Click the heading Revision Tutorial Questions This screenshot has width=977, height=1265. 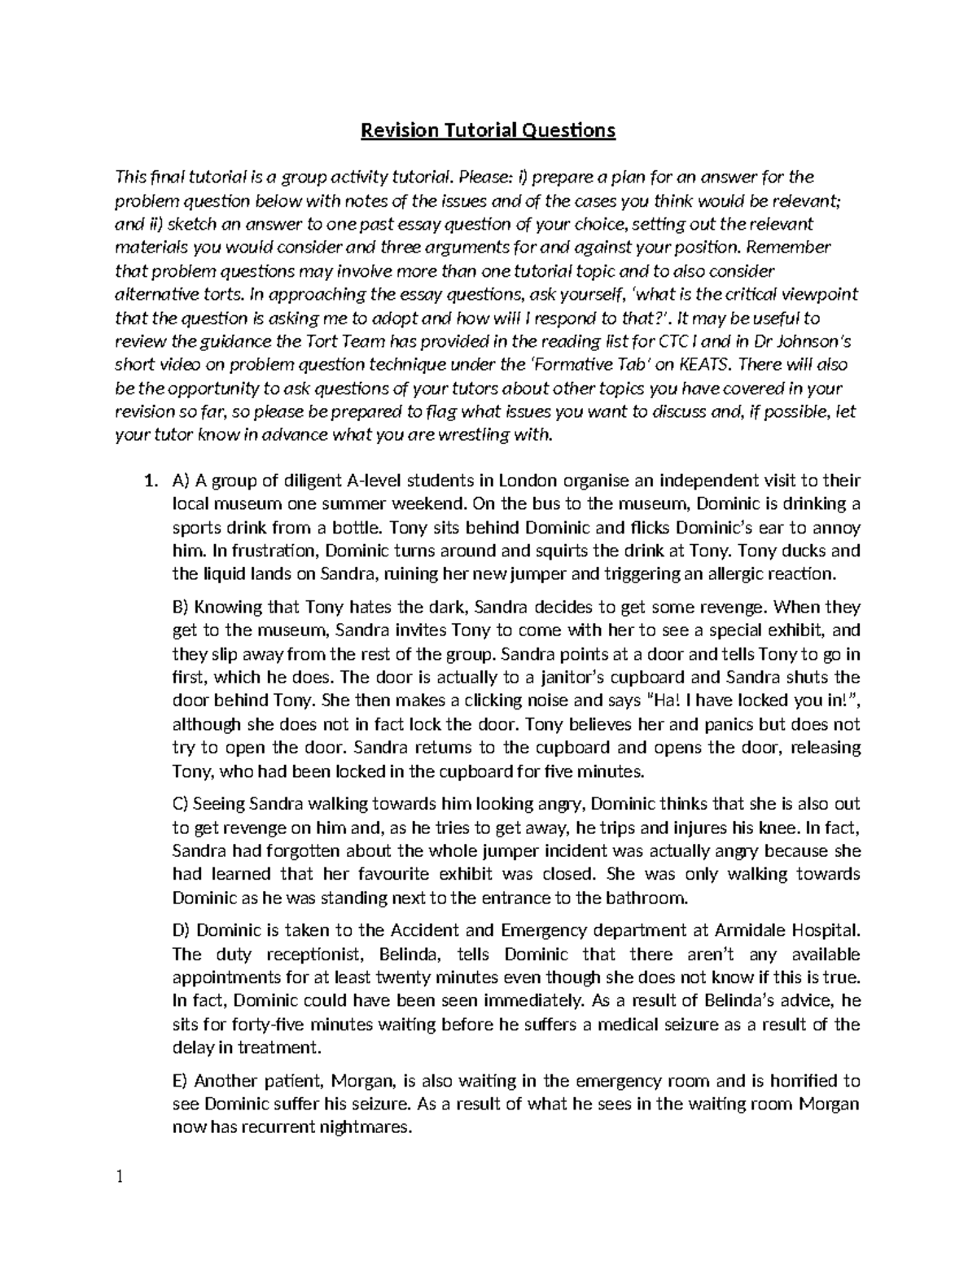488,130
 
